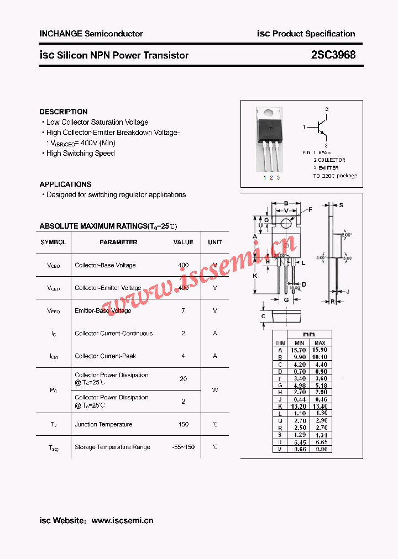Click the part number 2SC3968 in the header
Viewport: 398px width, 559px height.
(x=333, y=55)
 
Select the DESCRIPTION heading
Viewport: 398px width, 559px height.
(x=63, y=112)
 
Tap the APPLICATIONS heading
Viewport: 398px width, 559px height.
(x=65, y=184)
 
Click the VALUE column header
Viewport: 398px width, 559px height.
(x=183, y=242)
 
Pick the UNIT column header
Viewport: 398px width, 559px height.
(x=215, y=242)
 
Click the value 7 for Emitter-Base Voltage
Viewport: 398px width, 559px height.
(x=183, y=310)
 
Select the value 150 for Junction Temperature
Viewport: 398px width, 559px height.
(x=183, y=424)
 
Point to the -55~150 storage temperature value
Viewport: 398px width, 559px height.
(x=183, y=447)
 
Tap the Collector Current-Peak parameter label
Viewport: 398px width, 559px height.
(x=105, y=356)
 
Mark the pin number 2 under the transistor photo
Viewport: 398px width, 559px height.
(x=271, y=177)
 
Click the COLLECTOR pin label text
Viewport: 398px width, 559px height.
(x=331, y=160)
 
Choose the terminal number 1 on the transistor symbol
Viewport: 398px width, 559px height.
(x=304, y=127)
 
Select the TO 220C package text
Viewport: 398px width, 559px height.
(x=335, y=176)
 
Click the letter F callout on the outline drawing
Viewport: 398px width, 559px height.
(x=310, y=209)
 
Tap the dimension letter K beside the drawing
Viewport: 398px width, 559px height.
(x=255, y=276)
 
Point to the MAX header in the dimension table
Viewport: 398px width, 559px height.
(x=320, y=343)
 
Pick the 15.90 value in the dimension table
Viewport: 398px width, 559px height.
(x=320, y=350)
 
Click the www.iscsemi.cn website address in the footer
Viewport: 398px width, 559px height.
(x=122, y=520)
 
